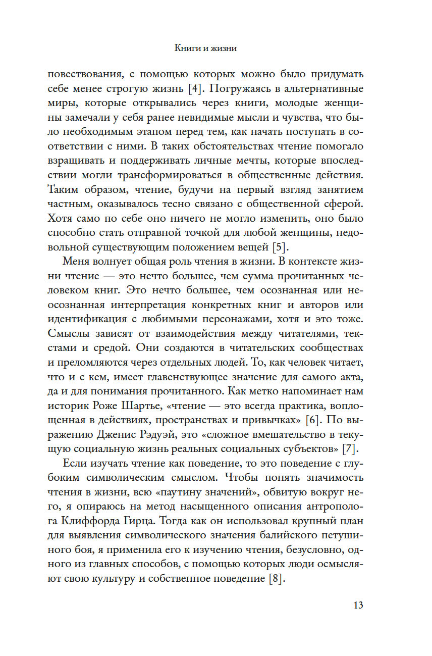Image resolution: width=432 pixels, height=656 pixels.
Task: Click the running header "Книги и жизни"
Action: point(205,49)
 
